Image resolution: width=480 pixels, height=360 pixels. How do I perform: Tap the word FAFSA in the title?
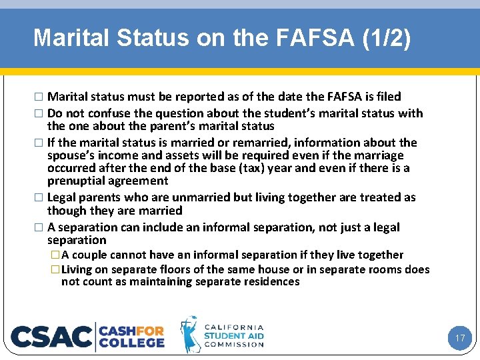[297, 38]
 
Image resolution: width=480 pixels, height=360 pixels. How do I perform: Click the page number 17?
[460, 339]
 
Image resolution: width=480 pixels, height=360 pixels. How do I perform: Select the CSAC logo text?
[52, 337]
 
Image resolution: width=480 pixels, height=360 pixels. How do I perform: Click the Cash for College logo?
[132, 336]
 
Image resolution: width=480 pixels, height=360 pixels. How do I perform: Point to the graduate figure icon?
[190, 334]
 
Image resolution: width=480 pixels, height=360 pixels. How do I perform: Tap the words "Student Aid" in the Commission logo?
[234, 336]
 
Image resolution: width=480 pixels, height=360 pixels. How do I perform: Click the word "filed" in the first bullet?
[387, 97]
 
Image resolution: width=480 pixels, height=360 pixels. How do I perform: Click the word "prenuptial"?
[75, 181]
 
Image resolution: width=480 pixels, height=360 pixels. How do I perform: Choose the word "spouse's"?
[71, 155]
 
